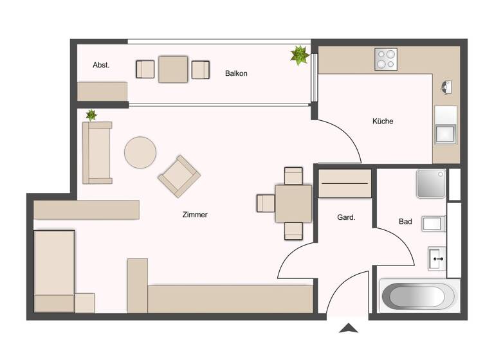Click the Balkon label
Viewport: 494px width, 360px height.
236,73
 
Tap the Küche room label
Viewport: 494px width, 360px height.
382,121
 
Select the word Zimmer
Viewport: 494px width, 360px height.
195,215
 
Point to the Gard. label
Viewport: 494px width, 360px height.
346,218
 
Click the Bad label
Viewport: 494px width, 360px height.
405,222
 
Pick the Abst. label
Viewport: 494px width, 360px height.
101,65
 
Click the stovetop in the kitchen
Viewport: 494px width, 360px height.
386,59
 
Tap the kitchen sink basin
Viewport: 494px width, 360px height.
445,134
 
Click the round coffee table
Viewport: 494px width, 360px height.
140,152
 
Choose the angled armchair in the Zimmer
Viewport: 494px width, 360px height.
179,175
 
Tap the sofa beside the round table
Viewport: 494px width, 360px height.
97,152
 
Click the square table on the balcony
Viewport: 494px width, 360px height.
173,69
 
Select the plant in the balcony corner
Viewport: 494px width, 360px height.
300,55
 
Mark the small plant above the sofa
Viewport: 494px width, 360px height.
91,116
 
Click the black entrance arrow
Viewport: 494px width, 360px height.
349,328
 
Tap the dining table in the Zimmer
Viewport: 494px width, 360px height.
293,203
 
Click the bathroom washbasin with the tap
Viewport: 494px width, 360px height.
437,258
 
